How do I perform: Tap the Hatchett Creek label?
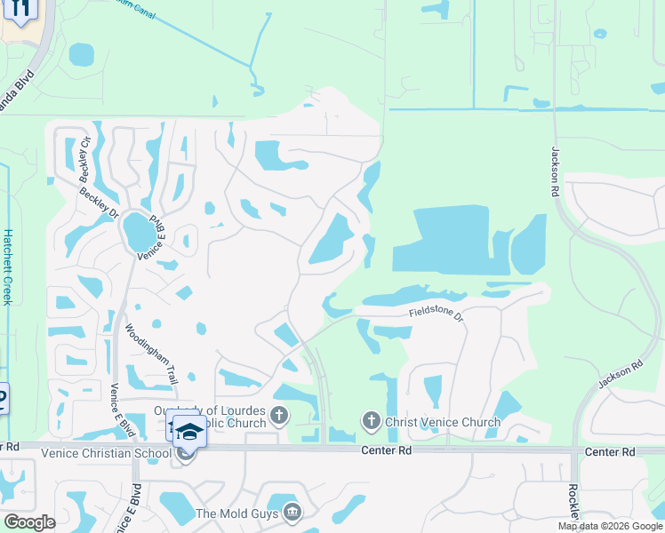click(7, 266)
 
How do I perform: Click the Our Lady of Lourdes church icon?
click(279, 415)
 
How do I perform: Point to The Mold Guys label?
click(236, 513)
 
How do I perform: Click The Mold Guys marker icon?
click(292, 513)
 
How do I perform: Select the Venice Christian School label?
click(106, 454)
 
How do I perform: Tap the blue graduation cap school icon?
click(188, 432)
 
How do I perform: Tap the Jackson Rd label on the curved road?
click(620, 374)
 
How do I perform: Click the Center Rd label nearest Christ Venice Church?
click(386, 451)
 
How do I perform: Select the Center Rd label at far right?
click(610, 452)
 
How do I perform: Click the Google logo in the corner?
click(28, 522)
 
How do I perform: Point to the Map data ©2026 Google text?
click(610, 526)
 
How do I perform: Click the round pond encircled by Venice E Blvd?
click(139, 232)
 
